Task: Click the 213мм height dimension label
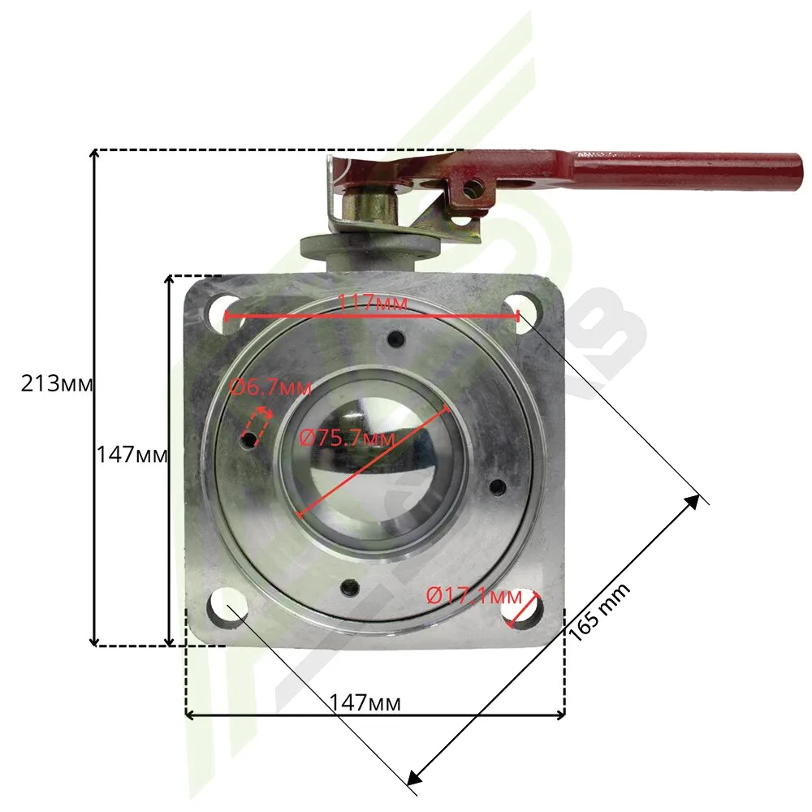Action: tap(57, 384)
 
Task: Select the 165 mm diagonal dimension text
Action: tap(599, 611)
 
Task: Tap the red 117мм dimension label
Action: tap(373, 302)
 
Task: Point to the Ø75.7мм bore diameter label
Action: tap(348, 438)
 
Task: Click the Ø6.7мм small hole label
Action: tap(270, 387)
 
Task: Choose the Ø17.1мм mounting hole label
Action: tap(474, 597)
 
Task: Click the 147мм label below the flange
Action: tap(365, 703)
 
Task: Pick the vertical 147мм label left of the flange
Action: tap(132, 456)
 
